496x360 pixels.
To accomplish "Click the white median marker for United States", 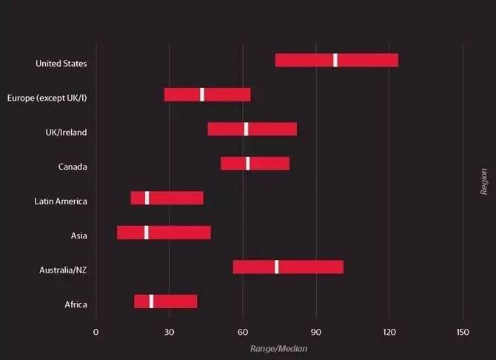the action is point(335,60).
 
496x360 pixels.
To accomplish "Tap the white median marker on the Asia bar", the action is point(146,233).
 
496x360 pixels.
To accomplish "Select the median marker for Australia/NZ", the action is point(276,267).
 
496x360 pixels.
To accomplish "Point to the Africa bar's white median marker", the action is point(151,301).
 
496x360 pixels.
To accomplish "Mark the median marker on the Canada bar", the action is point(248,164).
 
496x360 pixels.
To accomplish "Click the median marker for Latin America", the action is point(147,198).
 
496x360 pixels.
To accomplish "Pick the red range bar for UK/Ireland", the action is point(252,129).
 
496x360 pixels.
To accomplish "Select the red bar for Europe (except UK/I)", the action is point(207,95).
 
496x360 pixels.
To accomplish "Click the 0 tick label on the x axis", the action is point(95,332).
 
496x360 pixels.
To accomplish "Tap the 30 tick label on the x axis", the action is point(170,332).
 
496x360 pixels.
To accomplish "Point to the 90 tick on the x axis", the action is point(316,332).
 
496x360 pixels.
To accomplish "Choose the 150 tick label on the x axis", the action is point(463,332).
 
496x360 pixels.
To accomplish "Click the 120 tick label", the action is point(389,332).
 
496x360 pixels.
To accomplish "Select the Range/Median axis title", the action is point(278,349).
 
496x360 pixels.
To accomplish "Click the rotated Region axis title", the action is point(483,181).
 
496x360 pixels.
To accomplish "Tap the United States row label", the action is point(61,63).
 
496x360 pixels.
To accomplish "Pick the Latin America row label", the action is point(61,201).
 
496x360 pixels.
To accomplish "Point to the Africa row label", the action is point(76,304).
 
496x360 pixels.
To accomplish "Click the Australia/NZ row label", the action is point(63,270).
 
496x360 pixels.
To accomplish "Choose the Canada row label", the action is point(73,167).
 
